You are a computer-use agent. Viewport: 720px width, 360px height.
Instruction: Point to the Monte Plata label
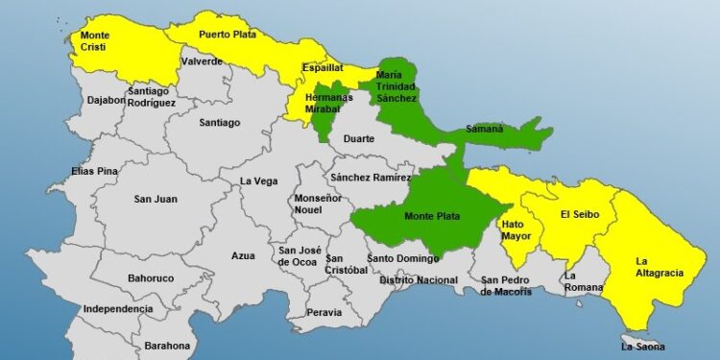(428, 217)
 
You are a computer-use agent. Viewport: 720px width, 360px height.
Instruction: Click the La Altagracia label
(660, 266)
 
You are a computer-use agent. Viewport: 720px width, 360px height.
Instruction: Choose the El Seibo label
(580, 214)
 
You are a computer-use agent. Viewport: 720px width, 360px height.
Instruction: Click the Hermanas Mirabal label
(328, 104)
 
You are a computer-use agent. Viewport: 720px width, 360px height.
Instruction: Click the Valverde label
(202, 61)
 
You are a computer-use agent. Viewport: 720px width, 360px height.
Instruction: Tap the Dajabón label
(107, 99)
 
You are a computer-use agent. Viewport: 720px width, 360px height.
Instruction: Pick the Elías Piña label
(95, 171)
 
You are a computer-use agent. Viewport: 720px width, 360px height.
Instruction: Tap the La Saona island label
(642, 347)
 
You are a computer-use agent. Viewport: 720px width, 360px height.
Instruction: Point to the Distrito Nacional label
(418, 279)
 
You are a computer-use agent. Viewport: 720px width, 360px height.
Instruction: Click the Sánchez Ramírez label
(370, 178)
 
